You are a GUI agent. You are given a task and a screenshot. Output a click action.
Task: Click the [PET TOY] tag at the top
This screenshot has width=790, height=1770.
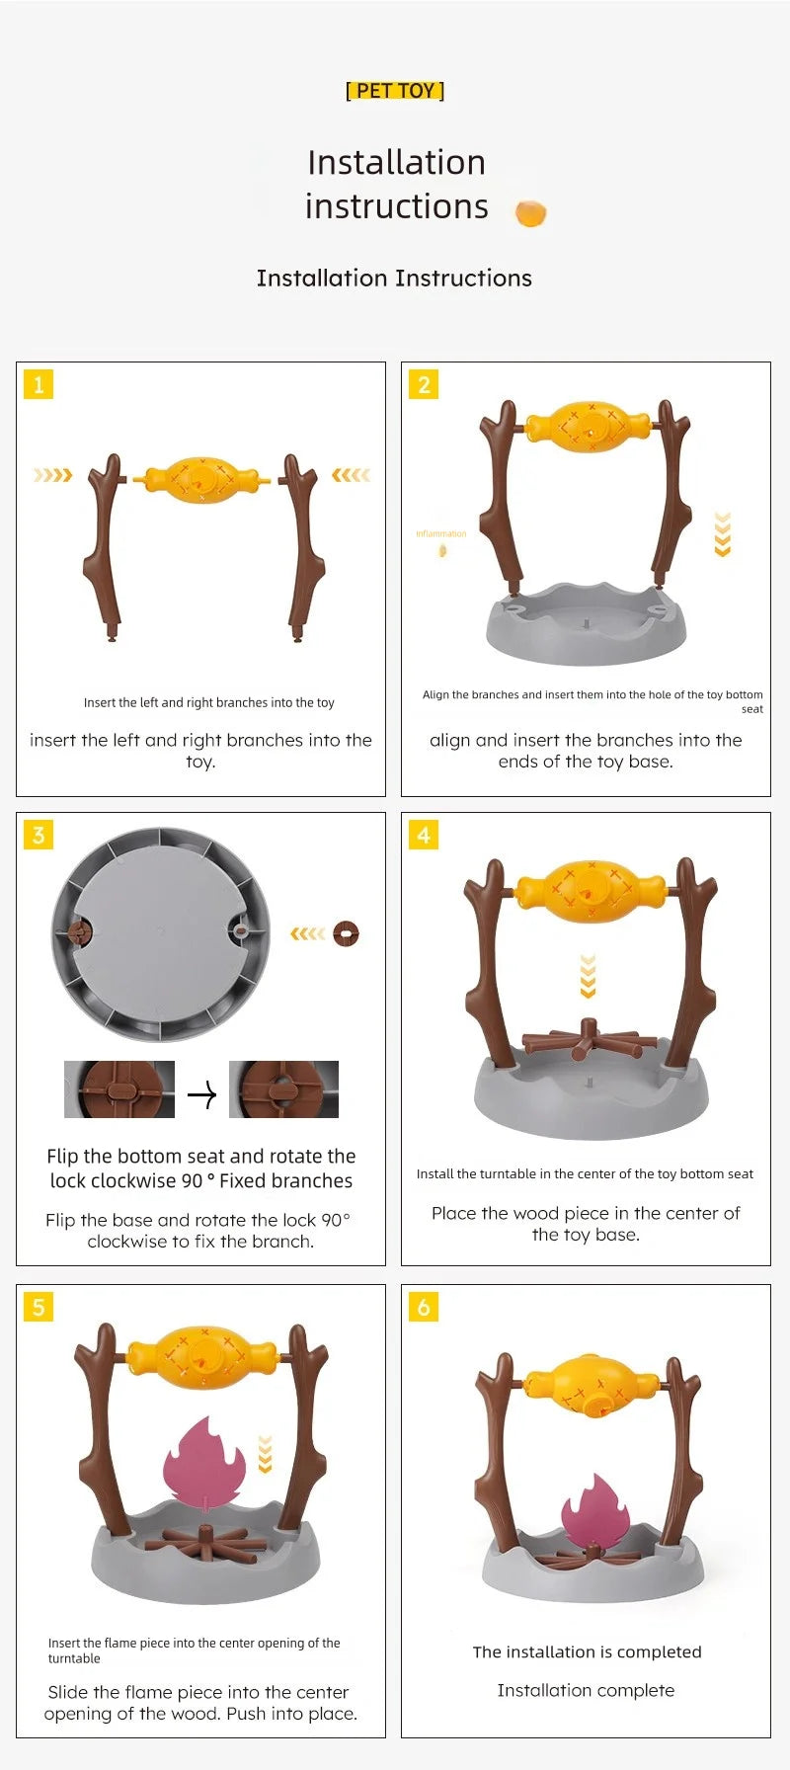395,91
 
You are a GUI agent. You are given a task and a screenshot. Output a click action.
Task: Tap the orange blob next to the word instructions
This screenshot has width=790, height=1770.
530,212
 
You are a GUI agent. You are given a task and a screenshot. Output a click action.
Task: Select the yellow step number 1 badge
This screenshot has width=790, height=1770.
39,384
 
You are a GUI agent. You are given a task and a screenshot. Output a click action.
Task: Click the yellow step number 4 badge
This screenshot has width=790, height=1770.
424,835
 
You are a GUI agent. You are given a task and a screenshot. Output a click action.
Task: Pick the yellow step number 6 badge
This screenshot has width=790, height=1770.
424,1307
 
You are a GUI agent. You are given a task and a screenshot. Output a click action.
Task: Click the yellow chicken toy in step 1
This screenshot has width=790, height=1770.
201,480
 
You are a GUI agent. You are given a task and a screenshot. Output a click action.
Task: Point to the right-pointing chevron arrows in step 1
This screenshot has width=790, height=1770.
52,475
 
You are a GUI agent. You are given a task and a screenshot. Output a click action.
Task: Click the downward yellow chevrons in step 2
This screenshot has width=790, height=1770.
723,534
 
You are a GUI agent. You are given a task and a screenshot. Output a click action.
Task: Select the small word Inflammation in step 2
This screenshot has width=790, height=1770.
440,533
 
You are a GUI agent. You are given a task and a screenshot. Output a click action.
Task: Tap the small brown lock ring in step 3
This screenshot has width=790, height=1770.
346,933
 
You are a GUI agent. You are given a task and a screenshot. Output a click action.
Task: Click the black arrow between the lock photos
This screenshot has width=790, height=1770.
201,1094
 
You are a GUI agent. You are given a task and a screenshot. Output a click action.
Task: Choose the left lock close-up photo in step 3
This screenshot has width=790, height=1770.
119,1089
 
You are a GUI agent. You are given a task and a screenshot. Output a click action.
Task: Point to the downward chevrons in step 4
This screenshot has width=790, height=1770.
589,976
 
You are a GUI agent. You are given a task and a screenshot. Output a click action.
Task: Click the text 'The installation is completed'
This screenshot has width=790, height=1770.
587,1651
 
